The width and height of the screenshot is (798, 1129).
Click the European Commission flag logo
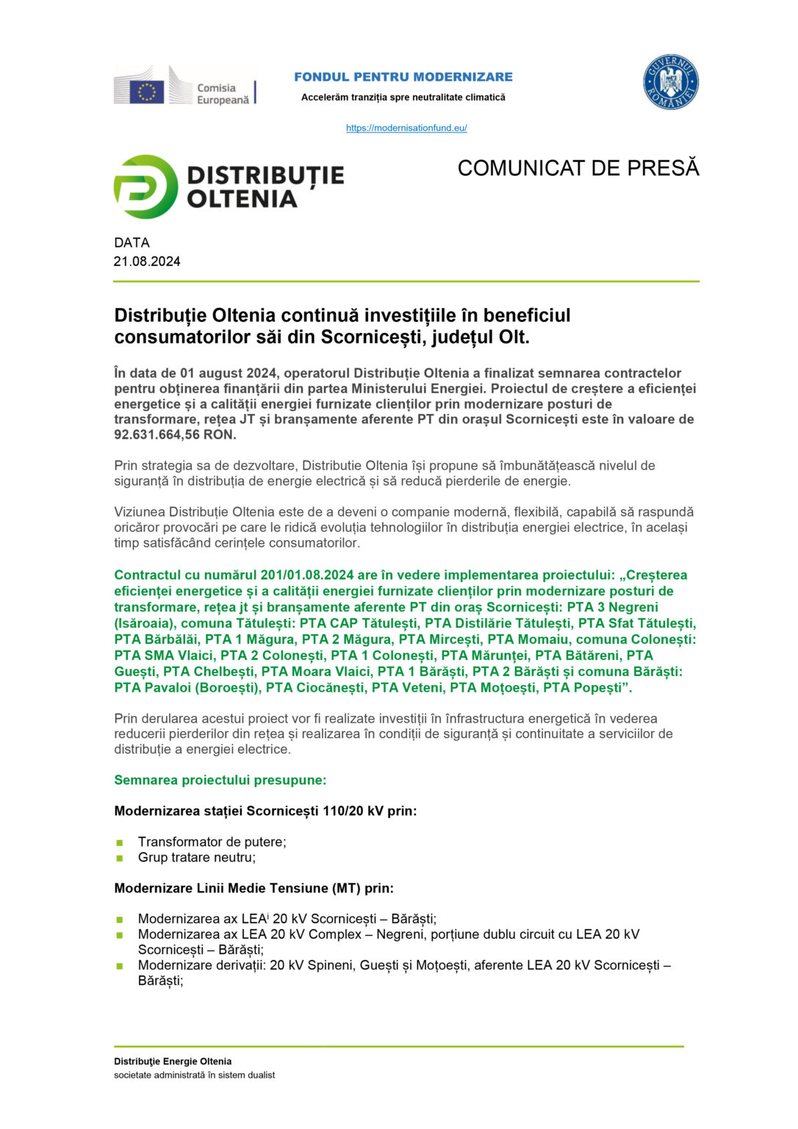[147, 91]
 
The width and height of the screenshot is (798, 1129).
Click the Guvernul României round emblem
[670, 82]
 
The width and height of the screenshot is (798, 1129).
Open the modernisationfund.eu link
[406, 128]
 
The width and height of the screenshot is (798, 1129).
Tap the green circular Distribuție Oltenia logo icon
[145, 187]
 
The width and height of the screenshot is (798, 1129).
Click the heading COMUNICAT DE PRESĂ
[578, 168]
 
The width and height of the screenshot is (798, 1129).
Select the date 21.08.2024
[147, 262]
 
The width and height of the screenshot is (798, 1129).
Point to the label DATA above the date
[132, 243]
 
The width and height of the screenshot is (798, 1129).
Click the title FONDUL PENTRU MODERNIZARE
[403, 76]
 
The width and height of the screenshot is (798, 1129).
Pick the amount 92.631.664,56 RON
[175, 434]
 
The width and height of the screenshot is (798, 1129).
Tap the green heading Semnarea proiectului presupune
[220, 780]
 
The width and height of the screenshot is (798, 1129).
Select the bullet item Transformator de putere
[212, 842]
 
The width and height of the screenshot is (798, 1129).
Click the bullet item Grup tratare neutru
[197, 857]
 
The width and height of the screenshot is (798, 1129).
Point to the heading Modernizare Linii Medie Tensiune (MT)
[254, 888]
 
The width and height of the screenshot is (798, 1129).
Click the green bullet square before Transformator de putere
[120, 842]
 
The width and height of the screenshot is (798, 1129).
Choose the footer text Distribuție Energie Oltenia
[173, 1061]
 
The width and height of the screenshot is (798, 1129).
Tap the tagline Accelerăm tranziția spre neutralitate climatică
[403, 97]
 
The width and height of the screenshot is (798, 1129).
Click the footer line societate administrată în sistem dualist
[194, 1075]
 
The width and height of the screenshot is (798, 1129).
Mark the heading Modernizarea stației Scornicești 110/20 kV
[265, 811]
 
